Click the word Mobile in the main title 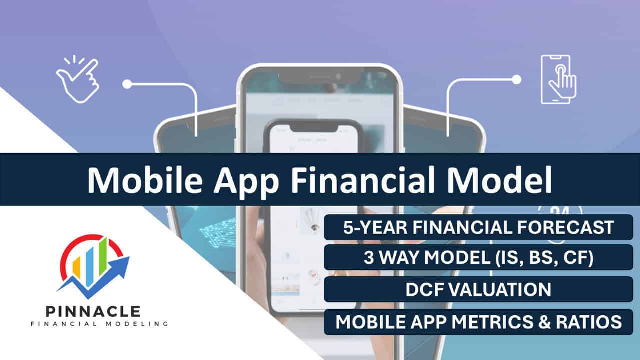[x=145, y=180]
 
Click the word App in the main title [x=247, y=183]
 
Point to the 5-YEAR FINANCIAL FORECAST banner [x=478, y=227]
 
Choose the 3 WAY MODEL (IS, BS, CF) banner [x=478, y=257]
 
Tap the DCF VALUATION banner [x=478, y=289]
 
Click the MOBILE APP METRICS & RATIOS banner [x=478, y=322]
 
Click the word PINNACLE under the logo [x=93, y=311]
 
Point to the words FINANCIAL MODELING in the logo [x=99, y=324]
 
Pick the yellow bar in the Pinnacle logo [x=76, y=266]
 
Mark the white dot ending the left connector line [x=127, y=84]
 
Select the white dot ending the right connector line [x=516, y=79]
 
